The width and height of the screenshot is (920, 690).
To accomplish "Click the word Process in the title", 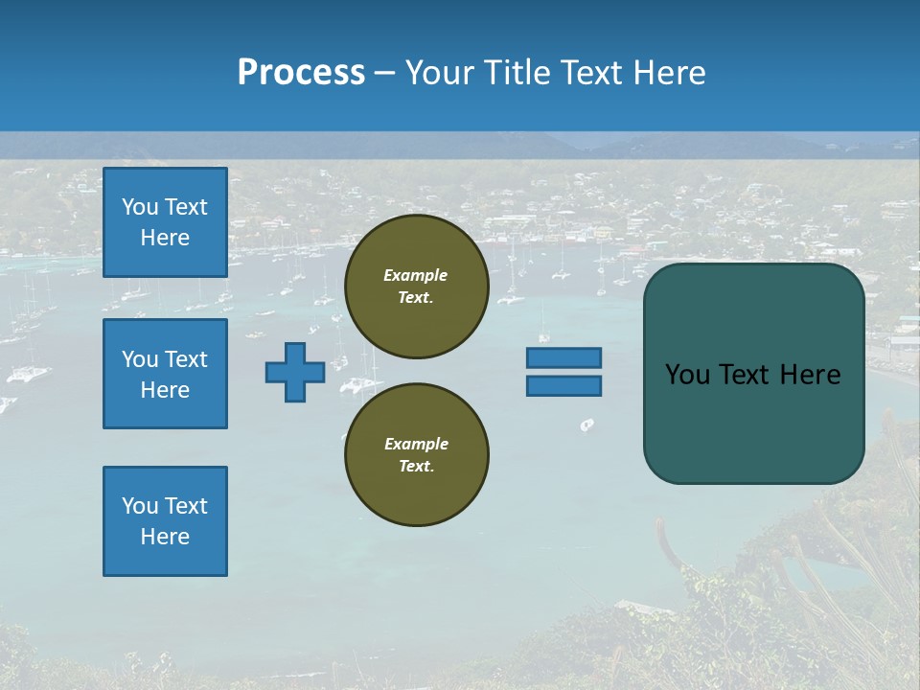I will pyautogui.click(x=301, y=73).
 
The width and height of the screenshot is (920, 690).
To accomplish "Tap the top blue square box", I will pyautogui.click(x=165, y=222).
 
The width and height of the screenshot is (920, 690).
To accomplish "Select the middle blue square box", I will pyautogui.click(x=165, y=374).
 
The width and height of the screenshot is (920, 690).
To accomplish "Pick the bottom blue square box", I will pyautogui.click(x=165, y=521).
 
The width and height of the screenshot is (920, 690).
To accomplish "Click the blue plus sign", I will pyautogui.click(x=295, y=373).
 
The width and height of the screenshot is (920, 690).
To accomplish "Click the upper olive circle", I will pyautogui.click(x=417, y=287).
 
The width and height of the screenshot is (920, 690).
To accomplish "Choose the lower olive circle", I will pyautogui.click(x=417, y=455).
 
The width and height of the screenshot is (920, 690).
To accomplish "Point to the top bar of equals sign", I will pyautogui.click(x=563, y=357).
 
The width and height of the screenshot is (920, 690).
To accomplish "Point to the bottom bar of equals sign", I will pyautogui.click(x=563, y=386).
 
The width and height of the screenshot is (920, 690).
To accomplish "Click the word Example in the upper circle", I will pyautogui.click(x=416, y=276).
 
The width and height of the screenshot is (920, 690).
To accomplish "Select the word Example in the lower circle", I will pyautogui.click(x=416, y=445).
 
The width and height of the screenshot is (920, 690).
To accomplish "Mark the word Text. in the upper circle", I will pyautogui.click(x=416, y=298).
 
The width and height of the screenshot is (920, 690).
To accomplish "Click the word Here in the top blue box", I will pyautogui.click(x=165, y=238).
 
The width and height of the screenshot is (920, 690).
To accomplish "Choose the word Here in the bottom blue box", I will pyautogui.click(x=165, y=537).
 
